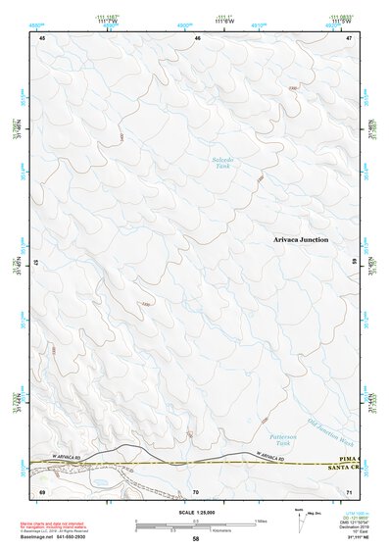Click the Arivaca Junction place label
301,239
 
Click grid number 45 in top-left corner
43,37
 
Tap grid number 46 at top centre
198,37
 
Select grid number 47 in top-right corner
348,37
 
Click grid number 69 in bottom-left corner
42,490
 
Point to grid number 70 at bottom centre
196,490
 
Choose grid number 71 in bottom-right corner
348,490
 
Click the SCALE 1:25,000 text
195,511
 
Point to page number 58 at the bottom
196,540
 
